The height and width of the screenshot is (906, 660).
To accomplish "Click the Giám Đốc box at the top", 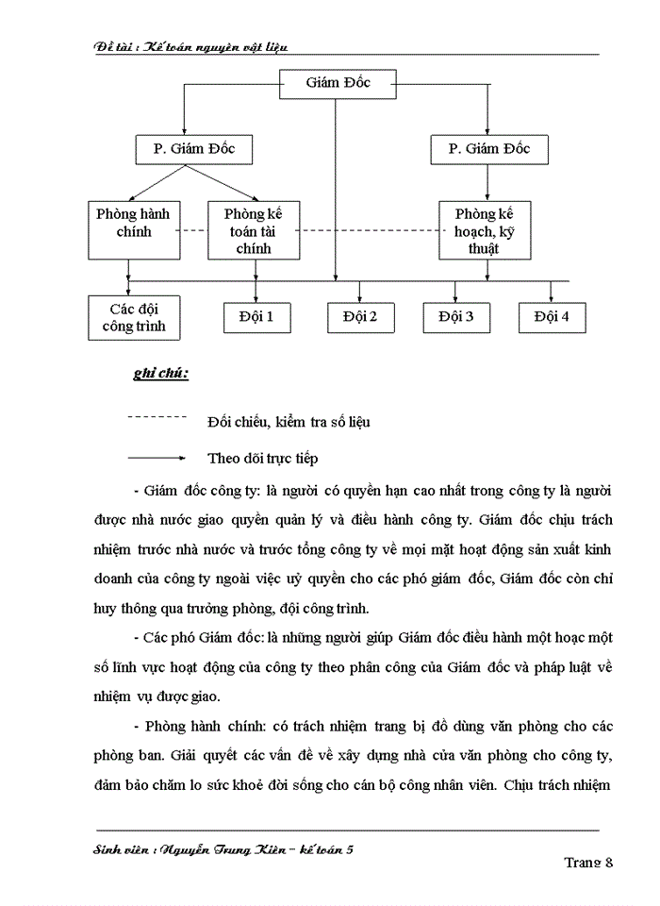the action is coord(338,84).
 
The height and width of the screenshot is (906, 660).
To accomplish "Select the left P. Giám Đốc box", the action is coord(196,149).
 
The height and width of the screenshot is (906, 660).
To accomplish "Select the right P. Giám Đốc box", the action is coord(488,149).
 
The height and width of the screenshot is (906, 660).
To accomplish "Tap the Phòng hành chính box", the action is coord(133,228).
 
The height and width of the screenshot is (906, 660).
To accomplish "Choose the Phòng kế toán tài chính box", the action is coord(255,230).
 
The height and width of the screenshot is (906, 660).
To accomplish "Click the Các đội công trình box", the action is coord(133,317).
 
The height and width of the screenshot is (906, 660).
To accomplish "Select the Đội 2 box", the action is coord(360,317).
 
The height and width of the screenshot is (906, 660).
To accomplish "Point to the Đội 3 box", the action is coord(456,317).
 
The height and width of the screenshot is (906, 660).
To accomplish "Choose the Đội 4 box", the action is coord(552,317).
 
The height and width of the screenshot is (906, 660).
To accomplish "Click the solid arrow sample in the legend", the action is coord(157,459).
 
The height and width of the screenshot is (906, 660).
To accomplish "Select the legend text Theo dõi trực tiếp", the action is coord(263,459).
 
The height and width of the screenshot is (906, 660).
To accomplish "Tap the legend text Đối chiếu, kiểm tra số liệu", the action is coord(289,422).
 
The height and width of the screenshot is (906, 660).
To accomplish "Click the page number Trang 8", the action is coord(588,862).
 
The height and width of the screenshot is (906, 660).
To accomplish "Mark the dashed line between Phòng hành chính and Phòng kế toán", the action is coord(193,230).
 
